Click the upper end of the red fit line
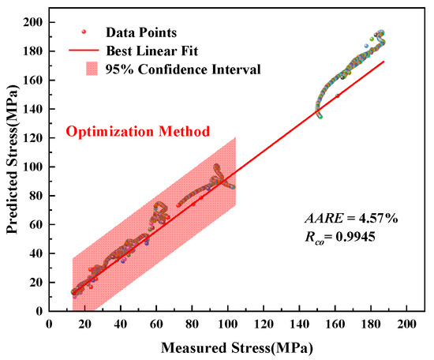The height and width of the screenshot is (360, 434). coord(383,62)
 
